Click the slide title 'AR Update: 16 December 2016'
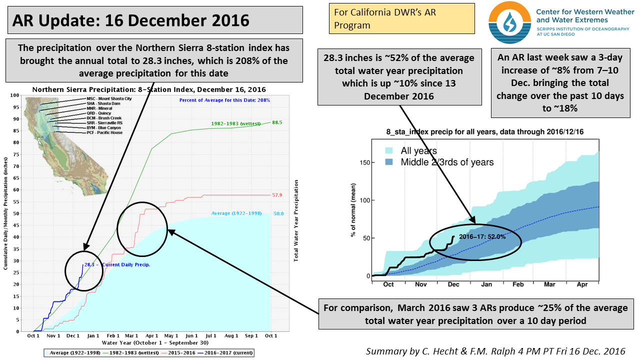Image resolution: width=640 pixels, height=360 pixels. (131, 20)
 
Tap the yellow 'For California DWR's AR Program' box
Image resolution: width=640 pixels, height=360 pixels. (401, 18)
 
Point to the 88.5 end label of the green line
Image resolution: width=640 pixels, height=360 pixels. (277, 122)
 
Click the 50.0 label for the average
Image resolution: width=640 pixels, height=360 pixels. (278, 213)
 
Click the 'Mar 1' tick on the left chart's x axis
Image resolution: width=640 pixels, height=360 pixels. (132, 336)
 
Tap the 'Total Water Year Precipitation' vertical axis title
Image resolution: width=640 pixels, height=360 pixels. (295, 221)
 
